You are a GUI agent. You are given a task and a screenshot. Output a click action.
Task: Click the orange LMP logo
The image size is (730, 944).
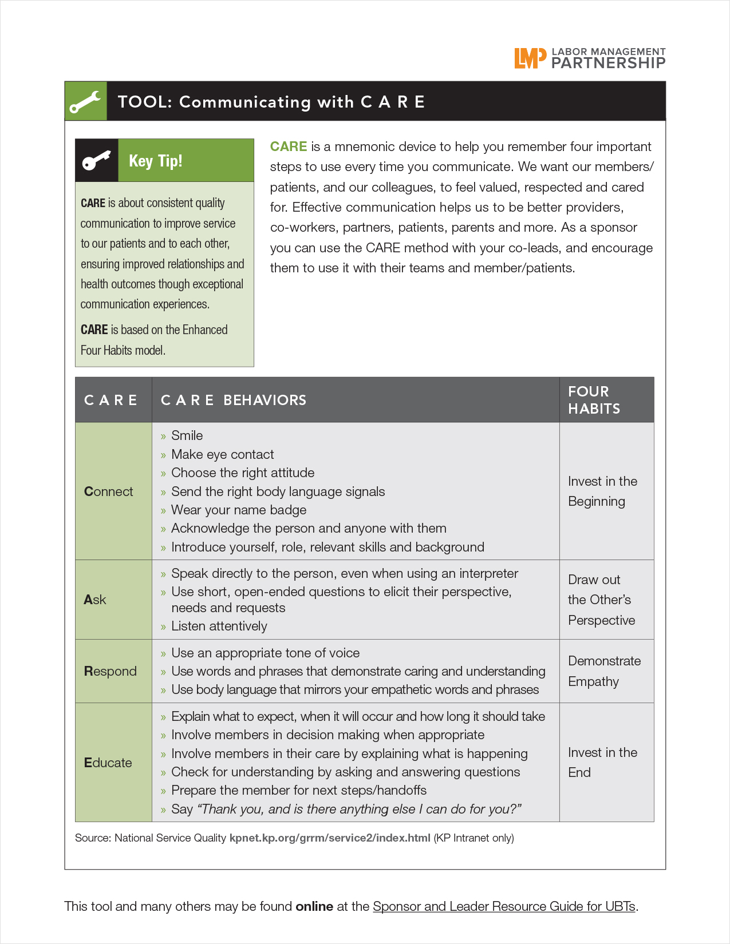tap(526, 58)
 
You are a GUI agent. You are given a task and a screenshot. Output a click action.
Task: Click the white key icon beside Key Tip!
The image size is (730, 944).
tap(96, 161)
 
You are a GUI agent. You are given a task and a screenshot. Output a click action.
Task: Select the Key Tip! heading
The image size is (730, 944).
tap(156, 161)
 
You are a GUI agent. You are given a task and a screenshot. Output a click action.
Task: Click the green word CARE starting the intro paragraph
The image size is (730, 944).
tap(289, 146)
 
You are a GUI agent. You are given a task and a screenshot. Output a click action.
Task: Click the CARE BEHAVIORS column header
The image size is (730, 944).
tap(234, 400)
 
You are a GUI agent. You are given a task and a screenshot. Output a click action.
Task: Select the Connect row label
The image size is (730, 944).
tap(108, 491)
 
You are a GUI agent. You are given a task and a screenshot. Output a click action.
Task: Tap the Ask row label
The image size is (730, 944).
tap(95, 600)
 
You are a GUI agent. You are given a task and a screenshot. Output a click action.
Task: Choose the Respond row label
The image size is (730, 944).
tap(110, 671)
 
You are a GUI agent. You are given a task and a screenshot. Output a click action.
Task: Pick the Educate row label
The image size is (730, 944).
tap(108, 763)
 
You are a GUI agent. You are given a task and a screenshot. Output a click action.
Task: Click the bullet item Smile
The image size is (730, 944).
tap(187, 435)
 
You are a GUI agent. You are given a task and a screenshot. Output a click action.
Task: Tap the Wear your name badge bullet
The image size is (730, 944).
tap(238, 510)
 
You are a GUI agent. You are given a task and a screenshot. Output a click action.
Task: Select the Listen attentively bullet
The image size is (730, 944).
tap(219, 626)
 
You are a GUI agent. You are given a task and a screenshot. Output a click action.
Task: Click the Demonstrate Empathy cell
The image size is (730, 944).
tap(604, 671)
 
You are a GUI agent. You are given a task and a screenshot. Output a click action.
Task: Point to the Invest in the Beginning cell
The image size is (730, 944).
tap(602, 491)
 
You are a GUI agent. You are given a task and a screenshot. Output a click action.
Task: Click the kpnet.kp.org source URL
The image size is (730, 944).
tap(330, 838)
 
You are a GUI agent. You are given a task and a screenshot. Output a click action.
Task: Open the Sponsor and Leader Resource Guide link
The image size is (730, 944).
tap(504, 906)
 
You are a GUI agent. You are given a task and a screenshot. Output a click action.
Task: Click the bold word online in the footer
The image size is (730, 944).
tap(314, 906)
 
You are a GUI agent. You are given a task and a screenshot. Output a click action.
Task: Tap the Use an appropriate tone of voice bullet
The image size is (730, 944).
tap(265, 653)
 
